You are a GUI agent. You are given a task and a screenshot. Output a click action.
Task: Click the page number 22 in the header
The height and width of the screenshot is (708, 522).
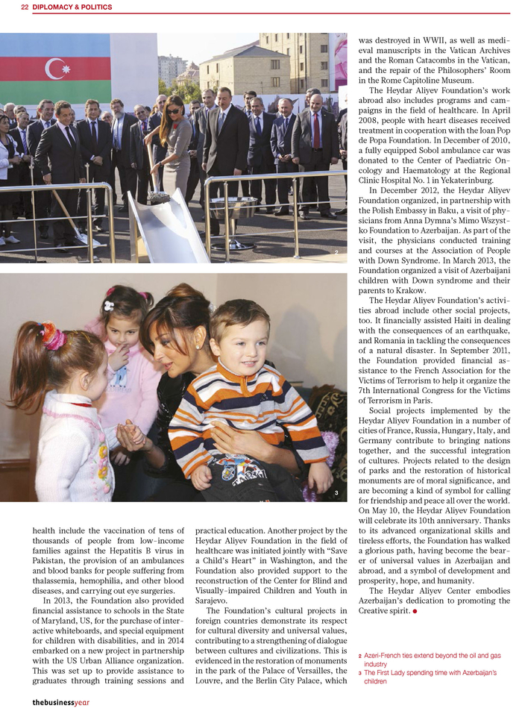pos(25,7)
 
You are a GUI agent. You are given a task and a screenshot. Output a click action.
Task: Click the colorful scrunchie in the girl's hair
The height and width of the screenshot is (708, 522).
pos(52,336)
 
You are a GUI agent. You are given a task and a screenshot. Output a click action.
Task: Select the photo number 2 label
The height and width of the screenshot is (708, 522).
pos(337,254)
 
